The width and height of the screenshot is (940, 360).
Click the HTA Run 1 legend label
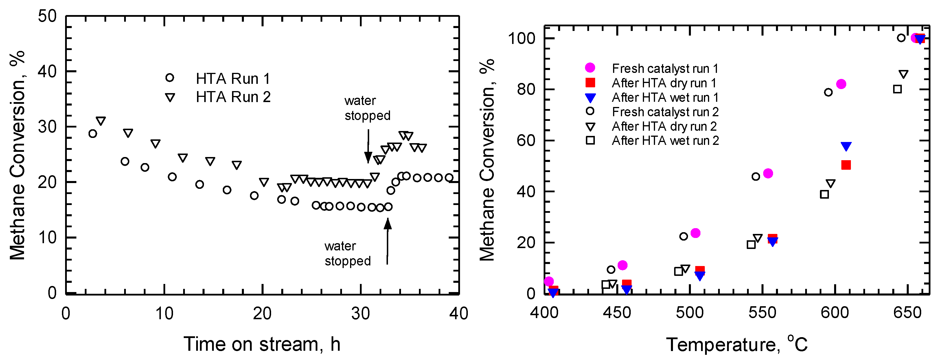(233, 79)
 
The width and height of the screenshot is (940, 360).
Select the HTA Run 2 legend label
(233, 97)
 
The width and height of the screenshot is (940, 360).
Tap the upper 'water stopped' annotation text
(367, 108)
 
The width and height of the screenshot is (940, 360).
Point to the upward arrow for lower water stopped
(387, 241)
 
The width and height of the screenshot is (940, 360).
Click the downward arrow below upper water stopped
(368, 146)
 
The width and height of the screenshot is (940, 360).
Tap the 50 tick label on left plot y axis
(47, 16)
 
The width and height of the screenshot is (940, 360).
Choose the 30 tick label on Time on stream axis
(360, 314)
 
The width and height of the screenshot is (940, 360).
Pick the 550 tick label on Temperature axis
(762, 313)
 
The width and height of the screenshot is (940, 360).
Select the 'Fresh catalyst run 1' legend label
(665, 69)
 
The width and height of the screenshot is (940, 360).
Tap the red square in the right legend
(590, 83)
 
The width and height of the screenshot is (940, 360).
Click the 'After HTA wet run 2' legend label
(665, 141)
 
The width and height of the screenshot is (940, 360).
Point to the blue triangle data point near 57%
(846, 146)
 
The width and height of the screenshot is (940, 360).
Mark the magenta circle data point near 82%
(841, 84)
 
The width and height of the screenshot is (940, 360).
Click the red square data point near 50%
(846, 165)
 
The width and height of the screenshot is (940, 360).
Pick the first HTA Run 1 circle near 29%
(93, 134)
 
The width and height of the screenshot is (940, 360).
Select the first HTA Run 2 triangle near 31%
(101, 121)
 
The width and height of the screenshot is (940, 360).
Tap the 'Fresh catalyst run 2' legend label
(665, 112)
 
